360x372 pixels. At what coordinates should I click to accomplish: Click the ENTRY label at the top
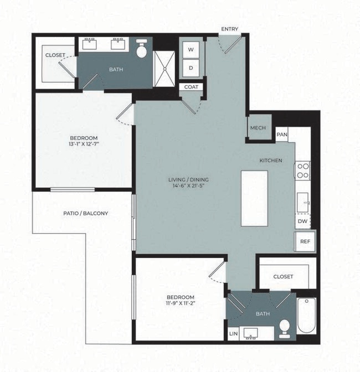click(229, 29)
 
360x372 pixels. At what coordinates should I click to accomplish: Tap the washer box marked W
click(191, 49)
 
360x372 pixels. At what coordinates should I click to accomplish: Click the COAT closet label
click(192, 87)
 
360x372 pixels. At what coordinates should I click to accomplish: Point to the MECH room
click(258, 128)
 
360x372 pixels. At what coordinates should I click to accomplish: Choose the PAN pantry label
click(282, 135)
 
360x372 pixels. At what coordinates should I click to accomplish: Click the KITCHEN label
click(271, 161)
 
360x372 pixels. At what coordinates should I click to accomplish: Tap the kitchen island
click(254, 198)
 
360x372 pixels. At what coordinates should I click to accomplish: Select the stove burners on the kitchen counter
click(303, 170)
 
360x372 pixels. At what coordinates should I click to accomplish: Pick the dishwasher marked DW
click(302, 221)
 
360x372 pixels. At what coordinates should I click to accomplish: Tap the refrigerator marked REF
click(305, 241)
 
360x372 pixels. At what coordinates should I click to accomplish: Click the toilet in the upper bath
click(142, 50)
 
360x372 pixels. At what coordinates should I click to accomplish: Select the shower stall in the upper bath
click(164, 69)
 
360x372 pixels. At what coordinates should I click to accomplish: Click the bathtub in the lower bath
click(306, 316)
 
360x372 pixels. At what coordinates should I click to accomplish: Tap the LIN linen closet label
click(233, 334)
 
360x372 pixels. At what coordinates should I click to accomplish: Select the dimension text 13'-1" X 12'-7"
click(84, 146)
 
